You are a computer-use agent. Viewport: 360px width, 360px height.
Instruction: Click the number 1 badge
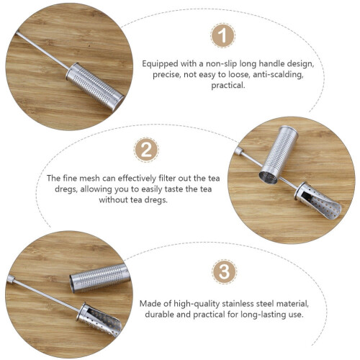point(223,35)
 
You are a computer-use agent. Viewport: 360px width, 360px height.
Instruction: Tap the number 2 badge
point(146,150)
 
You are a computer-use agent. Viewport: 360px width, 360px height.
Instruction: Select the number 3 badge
point(225,271)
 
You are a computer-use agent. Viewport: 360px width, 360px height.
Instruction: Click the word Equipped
point(160,64)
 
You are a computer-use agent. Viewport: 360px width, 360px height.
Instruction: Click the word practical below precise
point(228,86)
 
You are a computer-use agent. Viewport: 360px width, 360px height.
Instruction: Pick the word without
point(113,200)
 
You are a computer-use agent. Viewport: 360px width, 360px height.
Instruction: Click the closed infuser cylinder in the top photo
point(95,86)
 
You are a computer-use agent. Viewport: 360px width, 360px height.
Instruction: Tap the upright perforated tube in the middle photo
point(279,155)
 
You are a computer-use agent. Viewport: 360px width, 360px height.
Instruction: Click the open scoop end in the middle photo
point(318,201)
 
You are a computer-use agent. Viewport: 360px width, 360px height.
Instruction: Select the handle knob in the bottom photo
point(11,279)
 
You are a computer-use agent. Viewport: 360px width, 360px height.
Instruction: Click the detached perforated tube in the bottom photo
point(100,278)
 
